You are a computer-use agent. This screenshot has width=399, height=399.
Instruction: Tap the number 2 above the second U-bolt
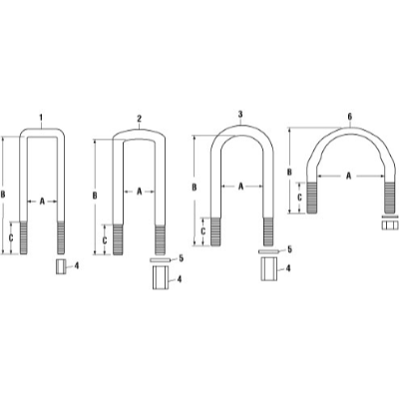coord(139,118)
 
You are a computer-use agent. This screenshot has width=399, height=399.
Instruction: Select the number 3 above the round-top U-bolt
coord(240,116)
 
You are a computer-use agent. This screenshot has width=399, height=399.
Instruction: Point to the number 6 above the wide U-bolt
coord(349,116)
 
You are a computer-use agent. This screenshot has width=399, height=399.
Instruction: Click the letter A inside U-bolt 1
coord(42,200)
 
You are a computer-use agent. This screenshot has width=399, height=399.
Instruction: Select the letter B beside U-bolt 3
coord(193,187)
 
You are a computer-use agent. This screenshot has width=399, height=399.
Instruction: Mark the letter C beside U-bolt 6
coord(300,199)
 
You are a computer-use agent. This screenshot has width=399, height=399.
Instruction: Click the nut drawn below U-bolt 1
coord(59,267)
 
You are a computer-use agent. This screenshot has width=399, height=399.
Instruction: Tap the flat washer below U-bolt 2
coord(160,259)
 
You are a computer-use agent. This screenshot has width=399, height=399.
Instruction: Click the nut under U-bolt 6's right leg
coord(388,223)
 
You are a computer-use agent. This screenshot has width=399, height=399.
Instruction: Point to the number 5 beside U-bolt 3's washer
coord(289,249)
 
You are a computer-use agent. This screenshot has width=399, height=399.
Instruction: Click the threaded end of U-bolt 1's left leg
coord(24,238)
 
